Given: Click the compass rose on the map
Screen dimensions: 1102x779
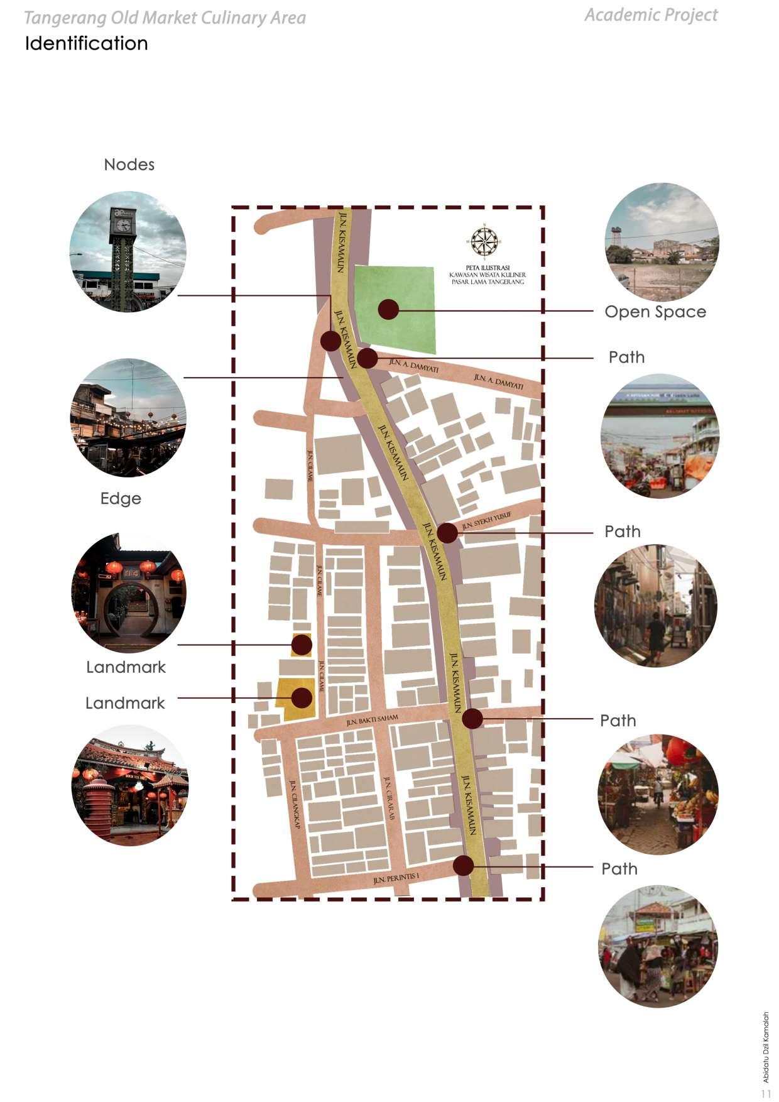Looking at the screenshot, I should [x=484, y=241].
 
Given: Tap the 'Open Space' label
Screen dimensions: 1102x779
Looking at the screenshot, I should [x=655, y=312].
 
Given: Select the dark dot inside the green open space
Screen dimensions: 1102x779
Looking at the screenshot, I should [x=388, y=308].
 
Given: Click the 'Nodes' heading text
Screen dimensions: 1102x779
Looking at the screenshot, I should [x=129, y=165].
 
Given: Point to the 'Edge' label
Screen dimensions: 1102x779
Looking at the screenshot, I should [x=121, y=499].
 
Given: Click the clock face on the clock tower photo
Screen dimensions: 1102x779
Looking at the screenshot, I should [x=123, y=224].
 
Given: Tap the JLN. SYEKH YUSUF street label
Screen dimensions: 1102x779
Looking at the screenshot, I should [x=487, y=520].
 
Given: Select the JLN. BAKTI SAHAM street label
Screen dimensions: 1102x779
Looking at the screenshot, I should [x=372, y=720].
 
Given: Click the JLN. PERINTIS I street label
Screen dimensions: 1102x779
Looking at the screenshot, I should [x=396, y=878].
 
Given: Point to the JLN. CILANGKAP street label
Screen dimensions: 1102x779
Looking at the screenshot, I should [x=295, y=804].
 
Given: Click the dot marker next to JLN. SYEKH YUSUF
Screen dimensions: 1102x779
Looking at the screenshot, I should [x=447, y=533].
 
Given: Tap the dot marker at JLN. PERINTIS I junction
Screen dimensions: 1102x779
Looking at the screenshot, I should [x=464, y=866].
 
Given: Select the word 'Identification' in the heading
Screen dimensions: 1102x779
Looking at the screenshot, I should [x=87, y=43].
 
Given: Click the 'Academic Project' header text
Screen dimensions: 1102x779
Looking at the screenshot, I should [x=651, y=15].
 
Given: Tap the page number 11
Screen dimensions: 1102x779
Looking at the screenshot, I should [x=766, y=1094].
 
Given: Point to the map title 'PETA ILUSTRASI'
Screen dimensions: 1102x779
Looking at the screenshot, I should [x=488, y=268].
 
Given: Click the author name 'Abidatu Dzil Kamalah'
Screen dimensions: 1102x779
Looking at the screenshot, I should [x=766, y=1047].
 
